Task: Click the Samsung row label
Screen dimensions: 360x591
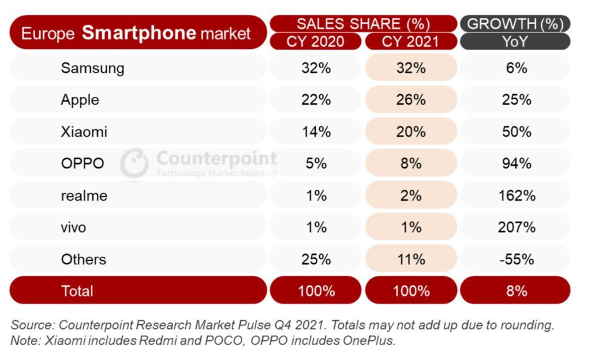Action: (92, 68)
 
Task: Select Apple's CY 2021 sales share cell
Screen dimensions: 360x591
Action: (410, 100)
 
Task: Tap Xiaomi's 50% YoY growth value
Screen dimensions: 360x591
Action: (516, 132)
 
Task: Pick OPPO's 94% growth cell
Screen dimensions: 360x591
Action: (516, 163)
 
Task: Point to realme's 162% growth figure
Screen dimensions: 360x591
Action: (516, 196)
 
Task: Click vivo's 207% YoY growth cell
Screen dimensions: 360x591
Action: (516, 227)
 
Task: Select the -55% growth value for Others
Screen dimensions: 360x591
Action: (516, 259)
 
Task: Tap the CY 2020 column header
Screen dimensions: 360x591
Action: (316, 42)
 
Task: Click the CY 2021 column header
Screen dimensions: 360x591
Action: (410, 42)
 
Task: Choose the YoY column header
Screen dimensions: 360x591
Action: (515, 42)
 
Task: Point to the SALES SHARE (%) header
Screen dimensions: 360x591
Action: (363, 24)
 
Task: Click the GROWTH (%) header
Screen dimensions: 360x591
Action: (515, 24)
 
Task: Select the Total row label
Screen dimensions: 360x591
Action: (77, 290)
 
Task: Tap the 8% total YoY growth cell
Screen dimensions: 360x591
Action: (516, 290)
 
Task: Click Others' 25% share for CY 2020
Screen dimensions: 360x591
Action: (316, 259)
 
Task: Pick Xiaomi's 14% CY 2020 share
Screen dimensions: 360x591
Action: (316, 132)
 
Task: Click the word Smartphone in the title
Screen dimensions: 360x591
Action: (139, 32)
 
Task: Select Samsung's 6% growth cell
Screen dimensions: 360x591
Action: (516, 68)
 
